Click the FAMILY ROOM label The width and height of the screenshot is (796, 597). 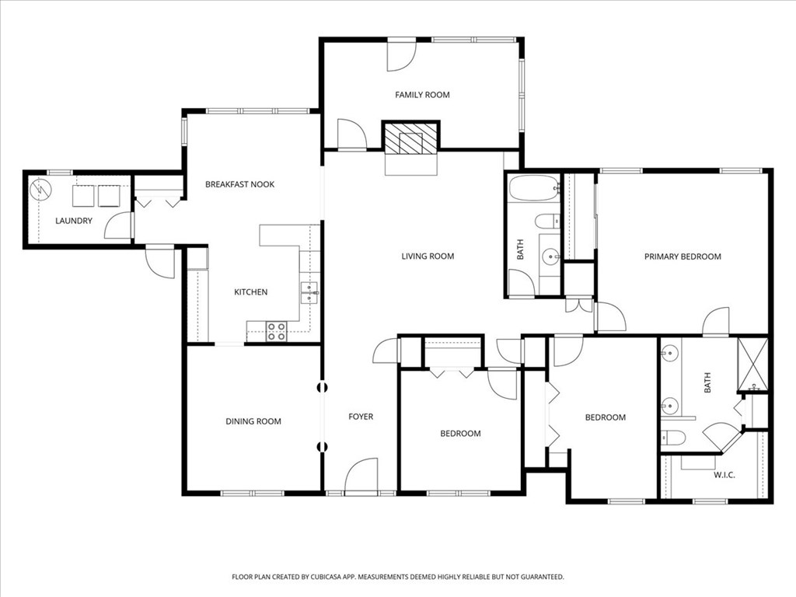[422, 95]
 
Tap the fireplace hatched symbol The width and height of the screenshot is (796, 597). [411, 141]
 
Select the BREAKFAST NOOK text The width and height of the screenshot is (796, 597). [239, 184]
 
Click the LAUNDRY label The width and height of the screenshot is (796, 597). [74, 221]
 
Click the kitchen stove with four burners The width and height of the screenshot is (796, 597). [277, 331]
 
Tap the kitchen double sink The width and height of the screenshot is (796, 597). [309, 292]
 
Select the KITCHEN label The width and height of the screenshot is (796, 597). [250, 292]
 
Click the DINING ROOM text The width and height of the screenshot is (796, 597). [253, 421]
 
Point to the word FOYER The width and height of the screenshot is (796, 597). [361, 417]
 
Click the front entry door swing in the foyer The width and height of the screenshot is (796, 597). [361, 476]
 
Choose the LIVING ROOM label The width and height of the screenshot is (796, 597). [428, 256]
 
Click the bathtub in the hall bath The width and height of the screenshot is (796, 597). [533, 187]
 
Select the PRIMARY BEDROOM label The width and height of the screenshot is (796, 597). [683, 257]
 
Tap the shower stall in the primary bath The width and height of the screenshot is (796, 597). [752, 364]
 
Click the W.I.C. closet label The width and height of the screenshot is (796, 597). [724, 475]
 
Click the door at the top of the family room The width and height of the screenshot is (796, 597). [402, 54]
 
